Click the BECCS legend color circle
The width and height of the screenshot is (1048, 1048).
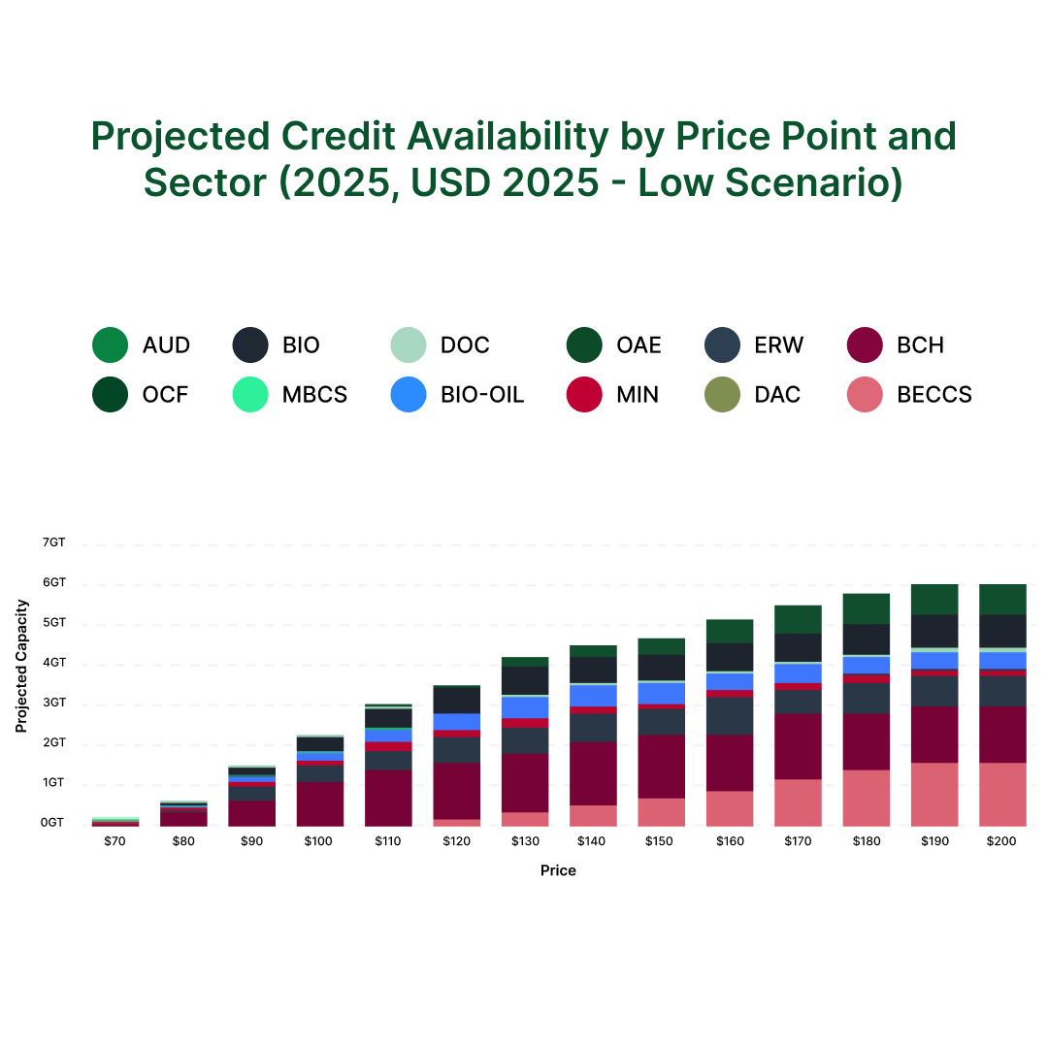pos(865,395)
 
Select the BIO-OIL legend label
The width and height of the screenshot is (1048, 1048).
pos(482,395)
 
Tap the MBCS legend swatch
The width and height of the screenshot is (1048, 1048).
pos(250,395)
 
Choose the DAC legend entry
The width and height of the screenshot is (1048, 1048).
pos(777,395)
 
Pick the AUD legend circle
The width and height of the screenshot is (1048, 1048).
pos(110,344)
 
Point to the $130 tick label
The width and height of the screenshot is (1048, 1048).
pos(525,841)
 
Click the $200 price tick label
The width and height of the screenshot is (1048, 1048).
pos(1001,841)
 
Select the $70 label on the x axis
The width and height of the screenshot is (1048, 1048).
pos(115,841)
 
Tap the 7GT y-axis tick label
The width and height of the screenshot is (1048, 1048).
pos(53,542)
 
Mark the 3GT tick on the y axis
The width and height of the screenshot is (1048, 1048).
pos(53,703)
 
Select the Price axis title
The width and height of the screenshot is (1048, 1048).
pos(558,870)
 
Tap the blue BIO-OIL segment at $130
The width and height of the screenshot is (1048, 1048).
pos(525,707)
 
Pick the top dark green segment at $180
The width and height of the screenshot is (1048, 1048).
pos(867,608)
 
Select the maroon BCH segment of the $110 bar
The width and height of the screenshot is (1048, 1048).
pos(388,798)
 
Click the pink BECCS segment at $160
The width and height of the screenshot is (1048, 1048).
pos(730,808)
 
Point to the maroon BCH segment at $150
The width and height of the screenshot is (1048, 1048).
pos(662,767)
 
